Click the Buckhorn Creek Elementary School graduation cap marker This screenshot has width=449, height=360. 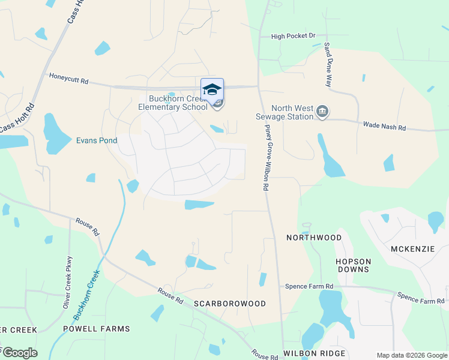212,90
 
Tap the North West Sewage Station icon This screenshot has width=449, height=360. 323,111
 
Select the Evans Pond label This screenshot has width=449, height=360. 96,140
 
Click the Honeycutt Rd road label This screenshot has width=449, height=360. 68,78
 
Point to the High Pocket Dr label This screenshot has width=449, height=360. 293,37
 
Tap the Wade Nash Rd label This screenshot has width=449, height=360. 385,127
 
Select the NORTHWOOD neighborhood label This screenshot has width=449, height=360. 314,238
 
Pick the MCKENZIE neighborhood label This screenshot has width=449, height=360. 412,249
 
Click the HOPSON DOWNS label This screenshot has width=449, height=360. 353,265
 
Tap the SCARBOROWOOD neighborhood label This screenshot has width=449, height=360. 230,304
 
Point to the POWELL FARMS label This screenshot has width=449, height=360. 97,329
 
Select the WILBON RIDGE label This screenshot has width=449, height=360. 316,353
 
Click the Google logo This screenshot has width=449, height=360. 20,353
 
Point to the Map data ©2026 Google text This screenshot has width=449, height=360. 411,355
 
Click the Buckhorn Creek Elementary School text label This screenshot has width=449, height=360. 173,103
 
